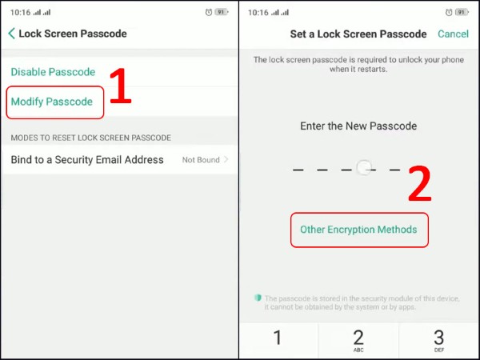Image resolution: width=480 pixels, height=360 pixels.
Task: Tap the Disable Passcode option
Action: click(x=53, y=72)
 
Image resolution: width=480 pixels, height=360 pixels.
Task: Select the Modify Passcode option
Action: click(x=52, y=102)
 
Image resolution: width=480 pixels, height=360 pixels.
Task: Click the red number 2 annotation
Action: click(x=420, y=185)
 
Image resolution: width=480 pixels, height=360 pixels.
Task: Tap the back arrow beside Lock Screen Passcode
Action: click(x=11, y=34)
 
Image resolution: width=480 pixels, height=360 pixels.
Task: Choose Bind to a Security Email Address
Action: click(x=87, y=160)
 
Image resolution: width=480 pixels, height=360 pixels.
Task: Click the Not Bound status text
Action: click(x=201, y=160)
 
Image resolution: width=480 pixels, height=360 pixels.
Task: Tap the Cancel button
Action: click(x=453, y=34)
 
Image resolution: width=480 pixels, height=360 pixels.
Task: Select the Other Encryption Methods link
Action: click(x=358, y=230)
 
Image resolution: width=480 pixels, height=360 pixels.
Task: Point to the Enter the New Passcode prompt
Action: click(x=358, y=126)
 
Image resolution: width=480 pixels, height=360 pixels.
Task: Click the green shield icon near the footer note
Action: click(x=258, y=298)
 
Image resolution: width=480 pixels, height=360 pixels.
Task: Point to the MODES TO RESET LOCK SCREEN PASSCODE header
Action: click(x=90, y=138)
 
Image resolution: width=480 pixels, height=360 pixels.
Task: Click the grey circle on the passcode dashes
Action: click(x=365, y=169)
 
